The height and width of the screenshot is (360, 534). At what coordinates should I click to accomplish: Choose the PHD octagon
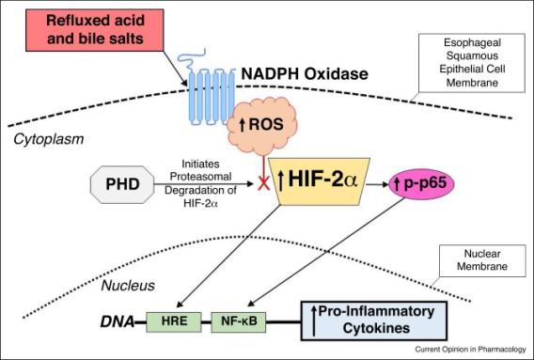point(122,183)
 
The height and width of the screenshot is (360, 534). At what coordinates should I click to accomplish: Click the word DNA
point(115,321)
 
